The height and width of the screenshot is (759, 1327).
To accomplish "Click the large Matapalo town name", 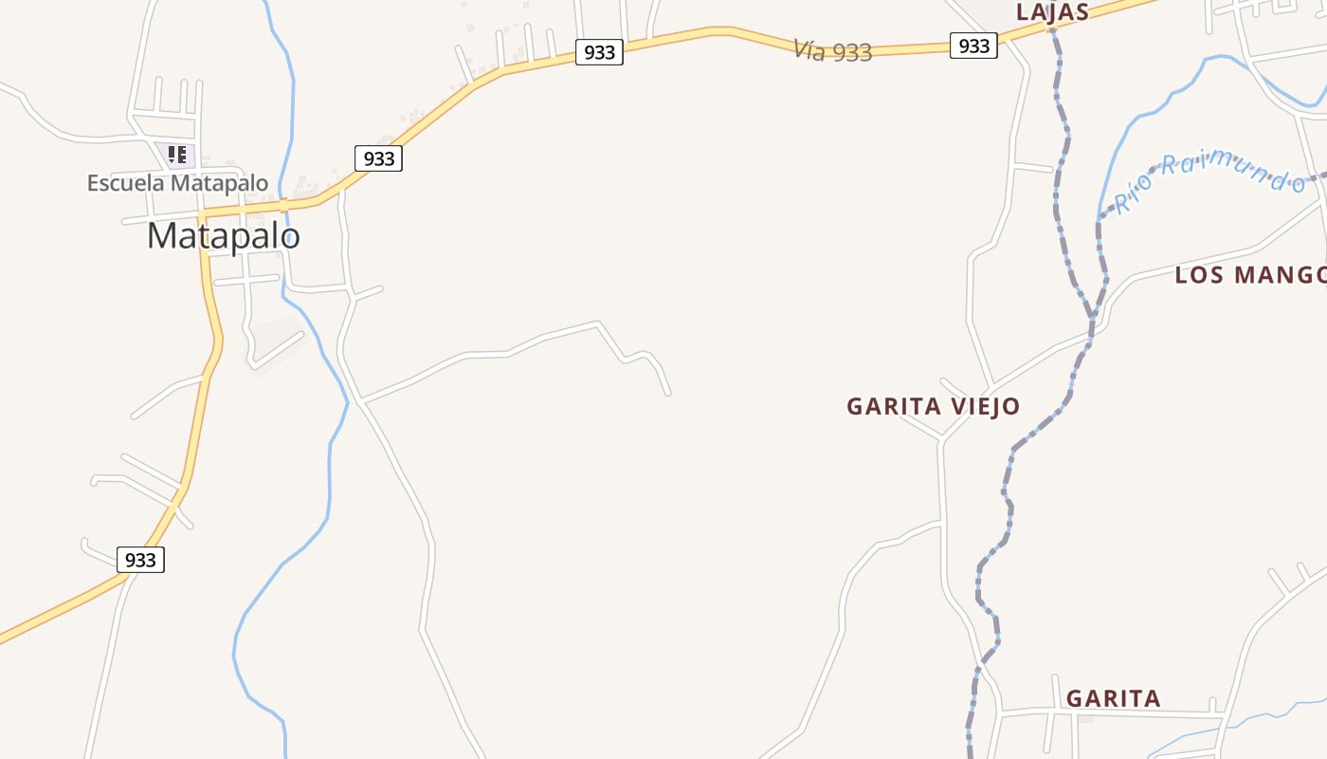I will (x=223, y=235).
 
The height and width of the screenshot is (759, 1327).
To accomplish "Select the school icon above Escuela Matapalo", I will (x=176, y=155).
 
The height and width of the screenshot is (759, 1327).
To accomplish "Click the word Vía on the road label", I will (x=809, y=49).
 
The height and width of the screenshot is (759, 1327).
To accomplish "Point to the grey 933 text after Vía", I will (x=852, y=53).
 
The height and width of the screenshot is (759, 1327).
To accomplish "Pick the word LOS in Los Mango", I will (x=1200, y=275).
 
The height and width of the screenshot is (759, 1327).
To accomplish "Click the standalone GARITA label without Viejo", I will (x=1113, y=698).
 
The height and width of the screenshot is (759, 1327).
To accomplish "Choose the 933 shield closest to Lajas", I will (x=973, y=46).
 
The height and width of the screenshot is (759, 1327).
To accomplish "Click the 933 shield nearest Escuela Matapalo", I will (x=378, y=158).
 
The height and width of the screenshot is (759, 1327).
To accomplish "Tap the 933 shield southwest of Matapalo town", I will (x=140, y=560).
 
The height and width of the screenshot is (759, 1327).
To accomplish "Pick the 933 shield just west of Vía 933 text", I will (x=599, y=52).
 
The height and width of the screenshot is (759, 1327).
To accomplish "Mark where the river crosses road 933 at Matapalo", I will (x=283, y=204).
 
